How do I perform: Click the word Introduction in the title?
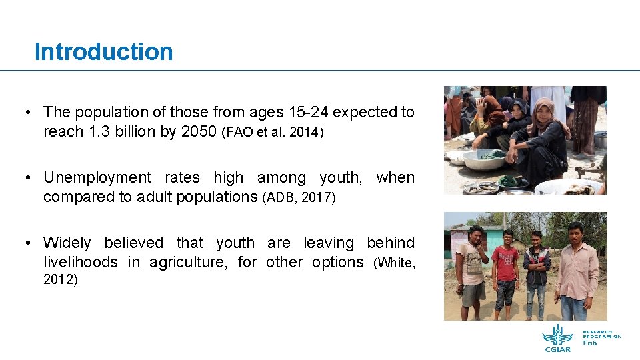[103, 52]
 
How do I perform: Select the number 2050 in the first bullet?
[199, 131]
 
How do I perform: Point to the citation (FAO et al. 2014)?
[273, 132]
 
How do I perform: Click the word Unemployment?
[97, 177]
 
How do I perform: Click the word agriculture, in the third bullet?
[191, 262]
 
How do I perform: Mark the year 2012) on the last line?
[61, 280]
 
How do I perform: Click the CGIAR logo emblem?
[557, 335]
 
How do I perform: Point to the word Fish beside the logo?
[590, 343]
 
